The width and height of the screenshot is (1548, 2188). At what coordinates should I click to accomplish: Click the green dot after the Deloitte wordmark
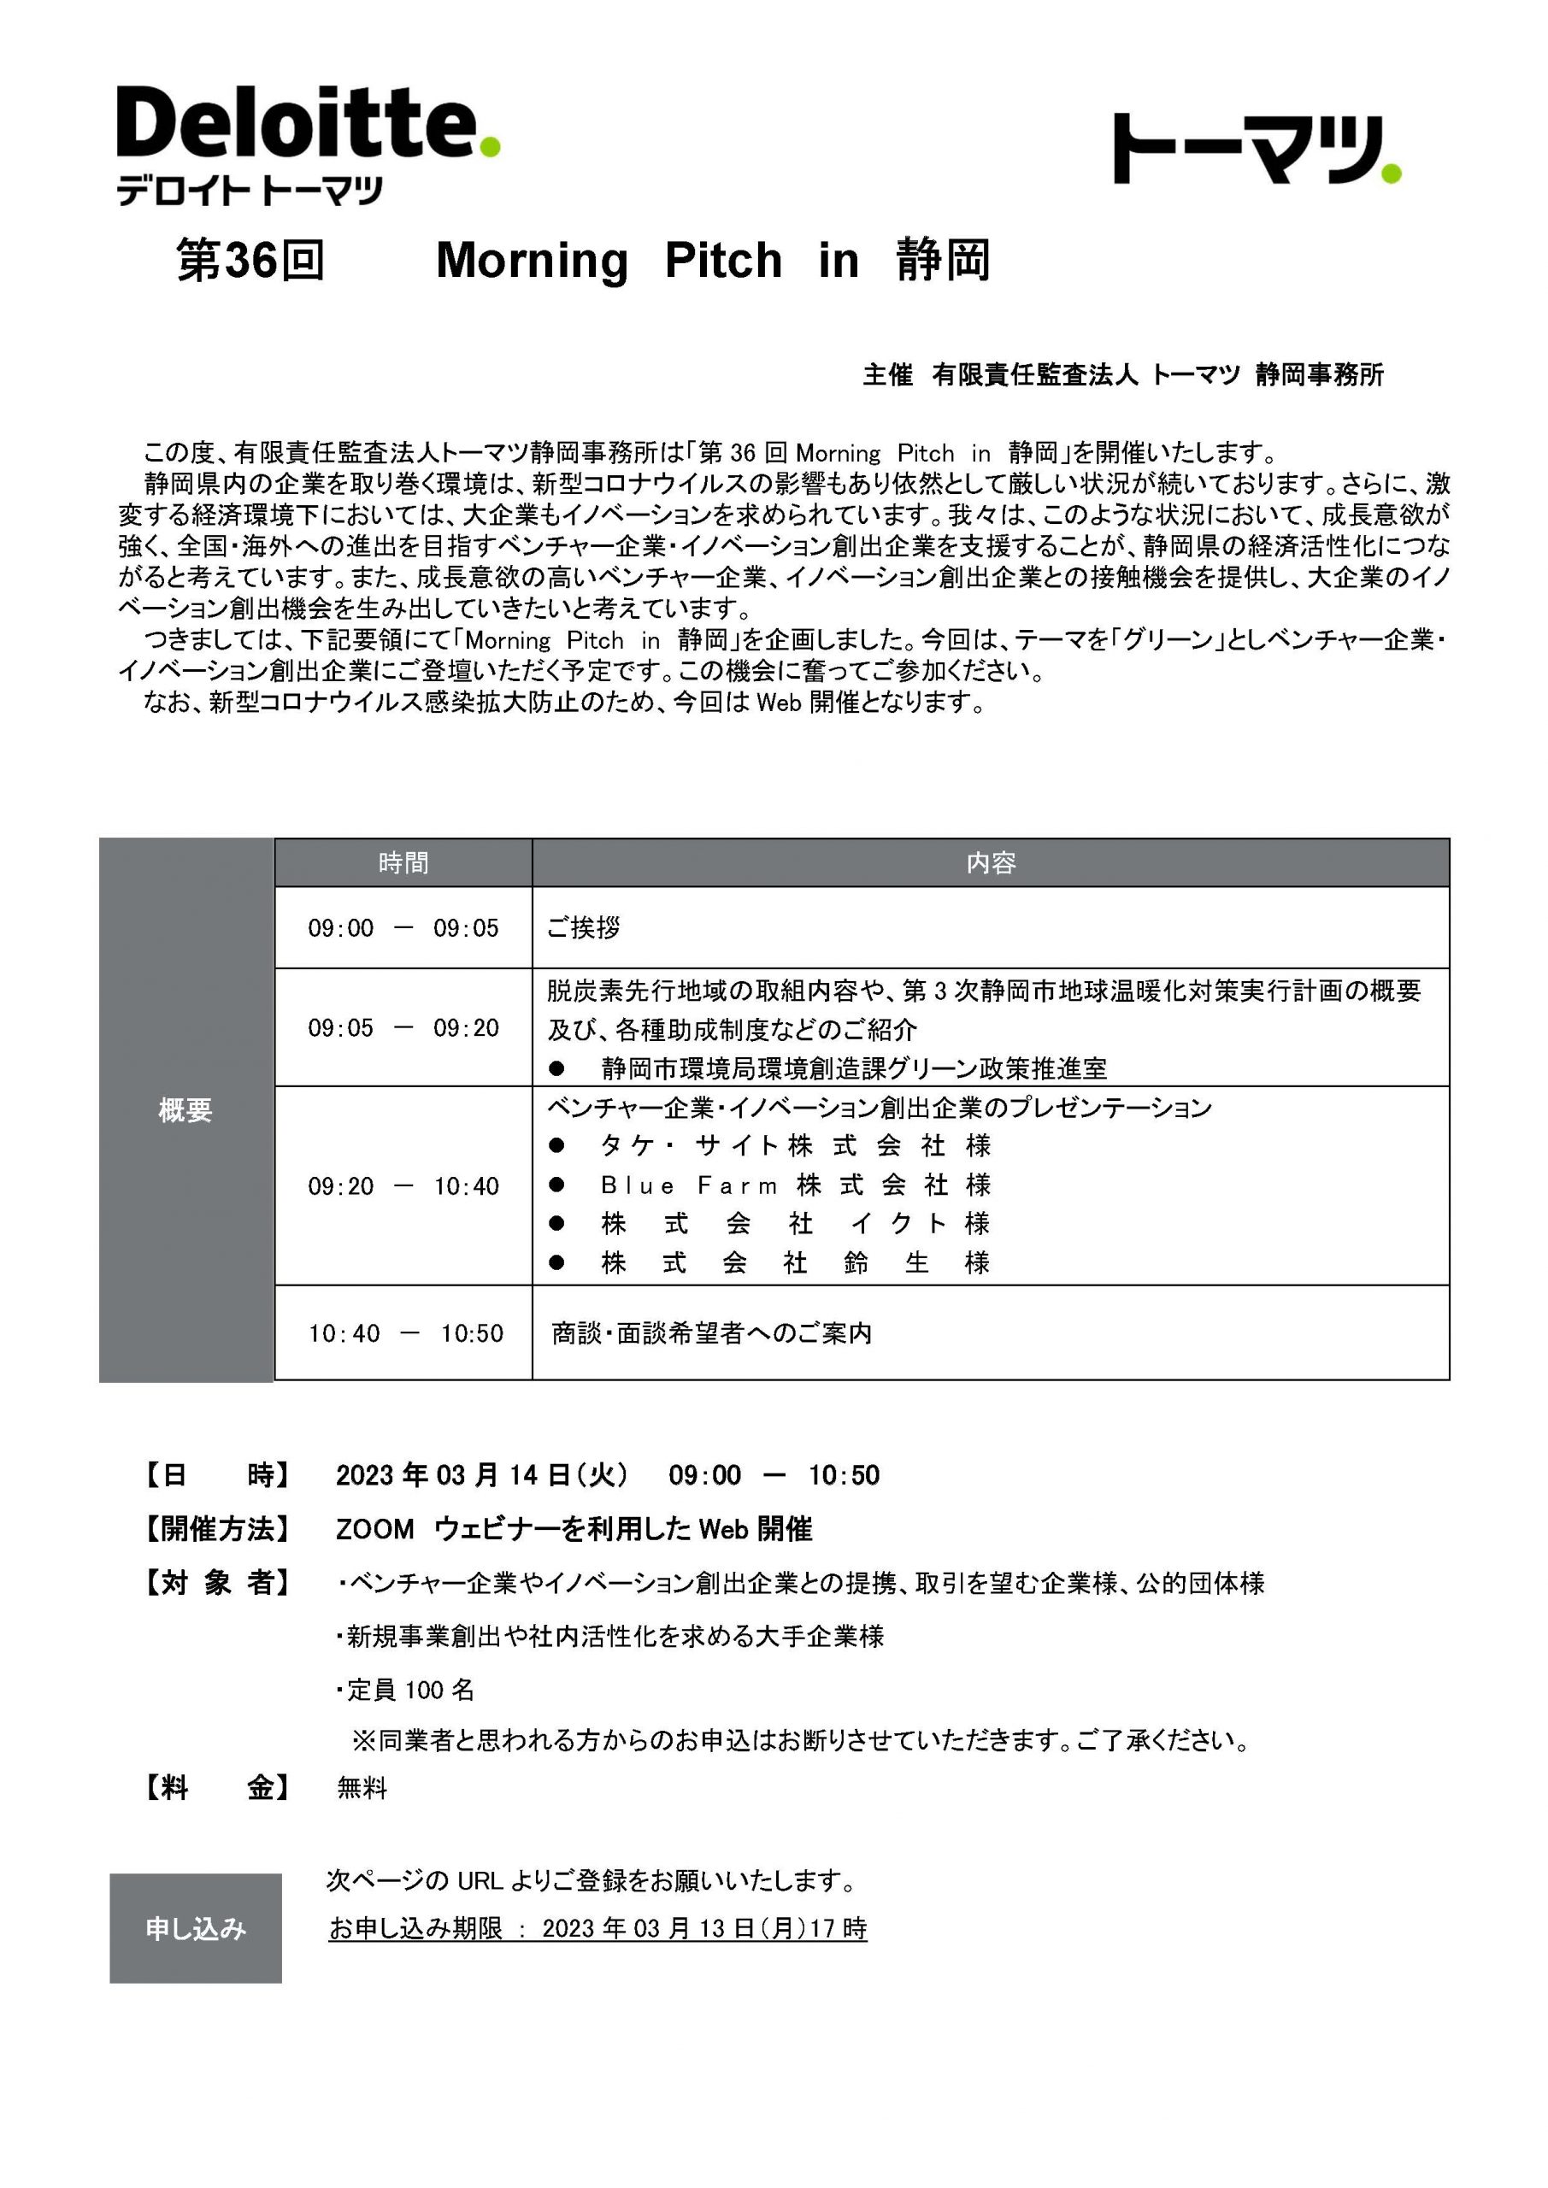point(489,147)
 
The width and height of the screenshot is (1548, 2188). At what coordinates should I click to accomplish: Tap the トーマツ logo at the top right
point(1256,150)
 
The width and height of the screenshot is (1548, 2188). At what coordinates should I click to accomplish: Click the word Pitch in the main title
point(723,260)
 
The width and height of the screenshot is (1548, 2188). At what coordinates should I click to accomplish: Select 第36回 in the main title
point(250,260)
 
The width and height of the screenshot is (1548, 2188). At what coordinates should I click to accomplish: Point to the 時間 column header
point(403,863)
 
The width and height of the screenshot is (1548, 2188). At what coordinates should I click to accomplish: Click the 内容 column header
point(991,863)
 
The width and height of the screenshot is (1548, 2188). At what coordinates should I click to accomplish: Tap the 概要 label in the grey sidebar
point(185,1110)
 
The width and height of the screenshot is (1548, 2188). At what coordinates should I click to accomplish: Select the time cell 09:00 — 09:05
point(403,928)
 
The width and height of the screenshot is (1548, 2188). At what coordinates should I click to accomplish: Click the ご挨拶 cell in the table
point(583,928)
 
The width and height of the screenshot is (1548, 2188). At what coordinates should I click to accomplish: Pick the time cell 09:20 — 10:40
point(403,1186)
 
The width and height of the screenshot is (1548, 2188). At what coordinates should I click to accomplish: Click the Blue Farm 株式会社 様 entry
point(796,1185)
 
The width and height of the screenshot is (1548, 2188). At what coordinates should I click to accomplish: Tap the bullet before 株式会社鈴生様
point(556,1263)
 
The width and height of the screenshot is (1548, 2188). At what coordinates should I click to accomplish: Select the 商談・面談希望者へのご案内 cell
point(712,1333)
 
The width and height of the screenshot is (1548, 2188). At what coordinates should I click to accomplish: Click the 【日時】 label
point(216,1475)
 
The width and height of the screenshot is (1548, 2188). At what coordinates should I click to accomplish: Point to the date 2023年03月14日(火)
point(482,1475)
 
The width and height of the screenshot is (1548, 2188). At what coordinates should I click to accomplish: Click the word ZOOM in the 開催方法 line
point(374,1530)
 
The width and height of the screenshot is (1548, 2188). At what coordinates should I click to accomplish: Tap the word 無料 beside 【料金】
point(362,1789)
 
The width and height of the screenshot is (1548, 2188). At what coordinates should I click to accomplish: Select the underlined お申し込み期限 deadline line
point(597,1929)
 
